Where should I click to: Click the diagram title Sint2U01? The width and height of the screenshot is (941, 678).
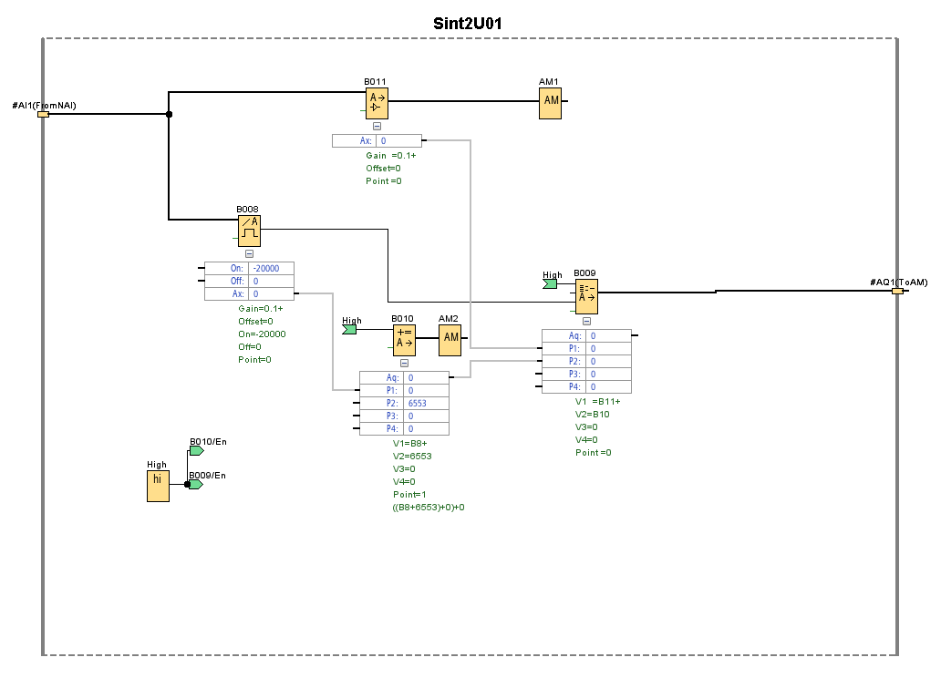467,23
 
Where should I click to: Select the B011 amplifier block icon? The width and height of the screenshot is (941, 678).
376,104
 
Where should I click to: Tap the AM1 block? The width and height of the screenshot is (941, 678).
551,104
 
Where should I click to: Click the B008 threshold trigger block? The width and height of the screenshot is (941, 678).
249,231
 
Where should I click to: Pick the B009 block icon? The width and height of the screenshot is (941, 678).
586,297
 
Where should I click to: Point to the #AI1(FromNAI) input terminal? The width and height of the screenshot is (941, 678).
42,115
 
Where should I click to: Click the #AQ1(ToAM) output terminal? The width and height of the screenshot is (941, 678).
897,292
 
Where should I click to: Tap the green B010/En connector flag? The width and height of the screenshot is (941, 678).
196,450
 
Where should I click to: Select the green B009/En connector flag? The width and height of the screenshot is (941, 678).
195,484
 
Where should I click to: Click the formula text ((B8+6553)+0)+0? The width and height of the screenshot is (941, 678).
429,507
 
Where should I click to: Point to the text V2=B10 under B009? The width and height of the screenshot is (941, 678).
593,414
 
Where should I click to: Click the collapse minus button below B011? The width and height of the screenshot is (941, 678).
377,128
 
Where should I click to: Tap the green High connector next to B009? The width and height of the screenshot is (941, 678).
550,284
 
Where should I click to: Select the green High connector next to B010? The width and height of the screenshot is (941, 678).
349,330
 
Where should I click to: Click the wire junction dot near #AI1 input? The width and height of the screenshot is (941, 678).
169,115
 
